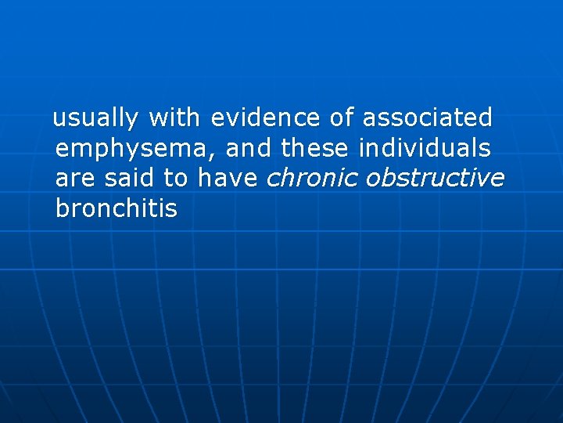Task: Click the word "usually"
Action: (96, 119)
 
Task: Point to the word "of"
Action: (342, 118)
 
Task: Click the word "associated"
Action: (428, 118)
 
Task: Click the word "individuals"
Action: (425, 147)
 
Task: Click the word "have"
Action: (228, 178)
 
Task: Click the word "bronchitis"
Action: (117, 208)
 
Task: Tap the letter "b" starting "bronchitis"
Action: (62, 208)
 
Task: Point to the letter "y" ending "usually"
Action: (132, 121)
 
